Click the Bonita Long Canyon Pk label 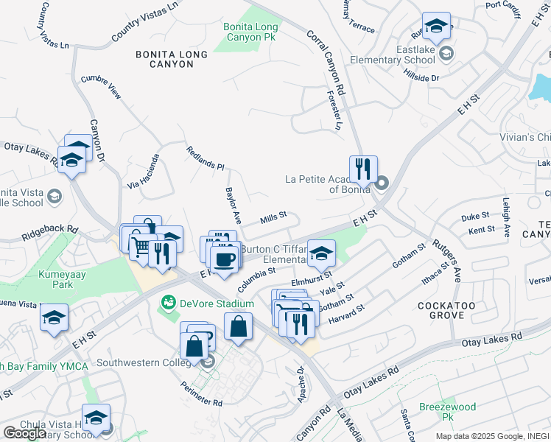coord(251,32)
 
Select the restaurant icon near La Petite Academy coord(363,170)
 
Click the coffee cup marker coord(224,259)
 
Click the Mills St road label coord(273,219)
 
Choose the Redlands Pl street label coord(206,157)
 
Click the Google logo coord(24,433)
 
